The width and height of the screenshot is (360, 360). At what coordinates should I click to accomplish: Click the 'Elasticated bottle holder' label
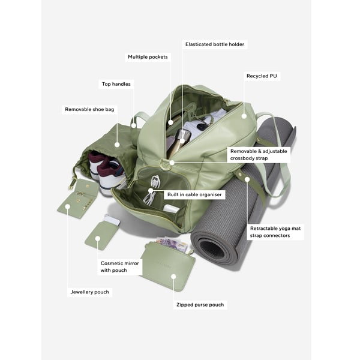(x=215, y=44)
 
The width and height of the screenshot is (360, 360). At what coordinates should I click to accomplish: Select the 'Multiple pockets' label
(x=148, y=57)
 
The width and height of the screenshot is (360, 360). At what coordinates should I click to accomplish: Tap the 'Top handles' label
(x=116, y=84)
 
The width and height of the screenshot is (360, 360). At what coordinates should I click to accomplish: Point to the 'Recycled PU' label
(x=263, y=76)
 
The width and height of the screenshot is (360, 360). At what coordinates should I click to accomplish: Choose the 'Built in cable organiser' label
(x=194, y=194)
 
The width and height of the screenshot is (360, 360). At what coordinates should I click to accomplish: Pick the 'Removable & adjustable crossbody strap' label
(x=259, y=155)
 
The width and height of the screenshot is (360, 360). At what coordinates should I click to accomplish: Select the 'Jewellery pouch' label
(x=90, y=292)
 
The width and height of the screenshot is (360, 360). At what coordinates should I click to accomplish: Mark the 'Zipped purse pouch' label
(x=200, y=305)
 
